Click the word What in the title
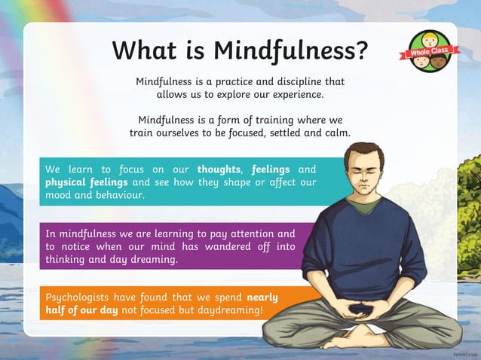tap(143, 50)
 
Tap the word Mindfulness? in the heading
tap(290, 50)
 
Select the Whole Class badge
tap(429, 51)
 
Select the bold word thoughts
tap(219, 169)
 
